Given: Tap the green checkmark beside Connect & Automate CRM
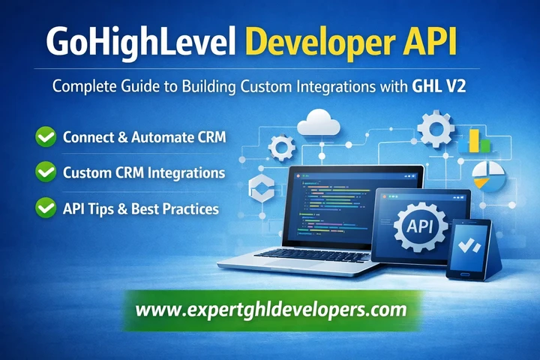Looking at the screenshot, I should pyautogui.click(x=46, y=137).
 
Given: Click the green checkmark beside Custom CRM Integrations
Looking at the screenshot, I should pyautogui.click(x=46, y=172).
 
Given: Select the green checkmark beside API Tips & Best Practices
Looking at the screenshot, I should pyautogui.click(x=46, y=208).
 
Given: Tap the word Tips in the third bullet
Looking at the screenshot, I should pyautogui.click(x=100, y=208).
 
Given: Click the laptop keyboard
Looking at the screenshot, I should pyautogui.click(x=307, y=253).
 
